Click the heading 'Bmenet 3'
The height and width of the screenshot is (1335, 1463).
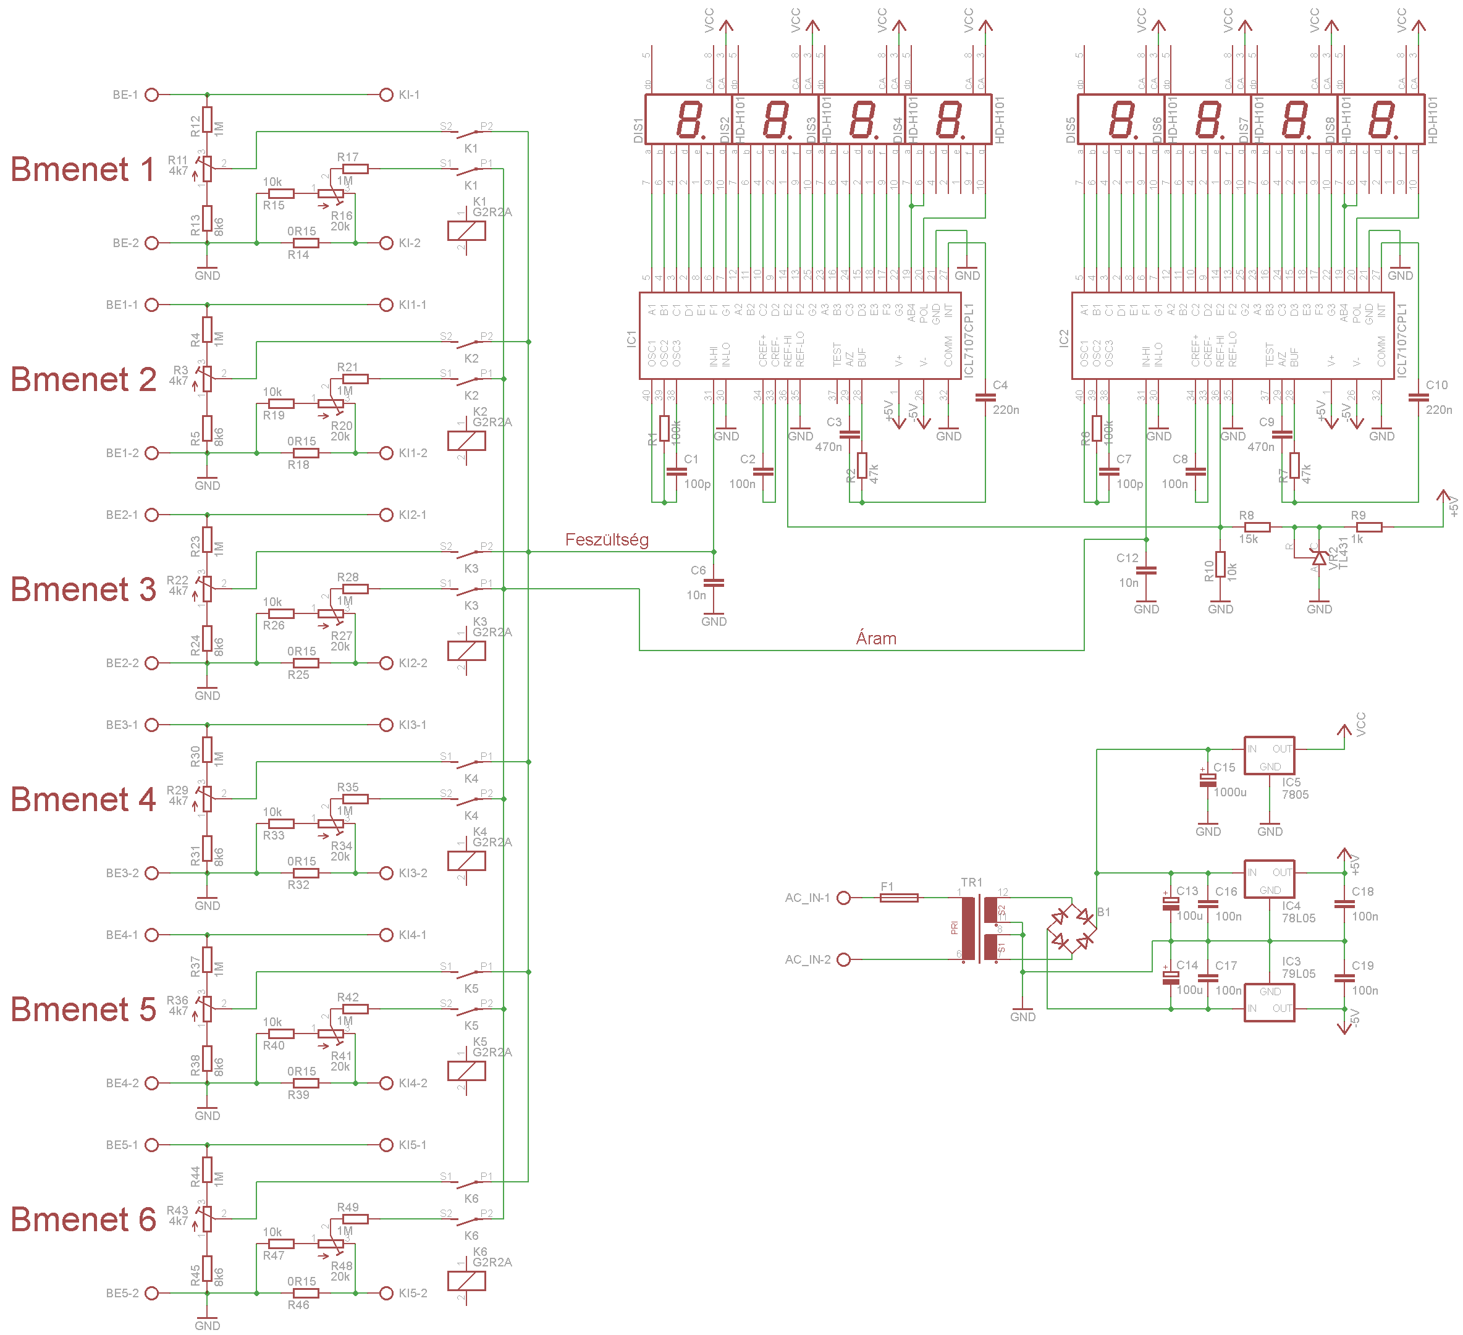(x=83, y=589)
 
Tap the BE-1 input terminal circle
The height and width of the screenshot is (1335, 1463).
(x=151, y=95)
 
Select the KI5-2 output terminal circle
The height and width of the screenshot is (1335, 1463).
(x=387, y=1293)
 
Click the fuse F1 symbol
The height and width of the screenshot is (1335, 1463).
(x=898, y=898)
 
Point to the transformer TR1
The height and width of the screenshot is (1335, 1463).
(x=979, y=929)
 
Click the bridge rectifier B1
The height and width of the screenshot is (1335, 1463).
(x=1072, y=929)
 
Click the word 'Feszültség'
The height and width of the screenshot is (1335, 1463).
(x=607, y=540)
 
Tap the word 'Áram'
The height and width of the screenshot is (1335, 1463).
(x=876, y=639)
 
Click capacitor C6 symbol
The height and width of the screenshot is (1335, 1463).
(x=714, y=583)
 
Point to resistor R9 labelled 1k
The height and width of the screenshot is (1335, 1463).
(x=1368, y=528)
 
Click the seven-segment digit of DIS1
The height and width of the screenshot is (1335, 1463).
(x=688, y=120)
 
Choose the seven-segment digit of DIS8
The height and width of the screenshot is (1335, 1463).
(x=1381, y=120)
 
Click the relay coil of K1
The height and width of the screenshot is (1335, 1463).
(x=466, y=230)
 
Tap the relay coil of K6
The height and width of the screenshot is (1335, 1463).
(x=466, y=1281)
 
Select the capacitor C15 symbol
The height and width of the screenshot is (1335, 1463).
(x=1208, y=781)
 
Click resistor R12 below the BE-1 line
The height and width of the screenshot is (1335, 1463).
(x=208, y=120)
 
